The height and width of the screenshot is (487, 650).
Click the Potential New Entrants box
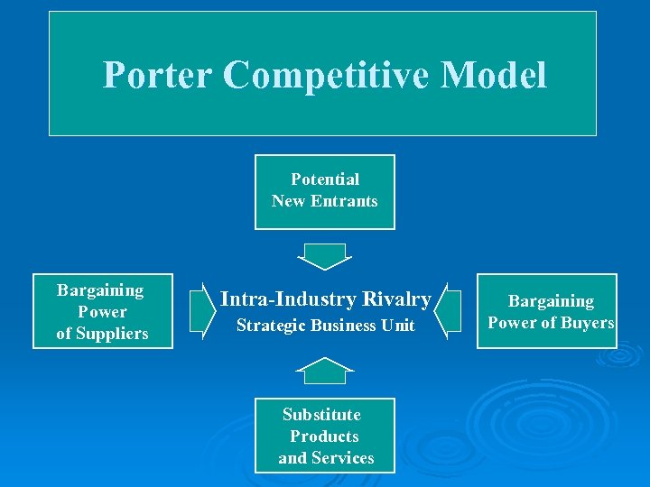click(x=325, y=191)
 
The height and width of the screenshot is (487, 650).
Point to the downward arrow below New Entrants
click(x=323, y=256)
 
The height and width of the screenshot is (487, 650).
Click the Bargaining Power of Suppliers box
click(x=102, y=311)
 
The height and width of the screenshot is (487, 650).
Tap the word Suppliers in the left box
click(x=114, y=334)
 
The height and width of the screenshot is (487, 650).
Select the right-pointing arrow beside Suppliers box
click(x=200, y=310)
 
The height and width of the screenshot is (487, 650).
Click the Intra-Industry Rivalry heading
click(x=325, y=299)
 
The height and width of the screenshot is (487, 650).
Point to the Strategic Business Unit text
click(x=325, y=326)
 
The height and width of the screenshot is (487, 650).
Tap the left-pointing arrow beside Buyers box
click(x=441, y=311)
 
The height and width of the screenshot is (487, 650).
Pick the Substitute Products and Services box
click(x=325, y=436)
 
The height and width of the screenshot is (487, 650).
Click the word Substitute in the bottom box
click(x=321, y=415)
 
